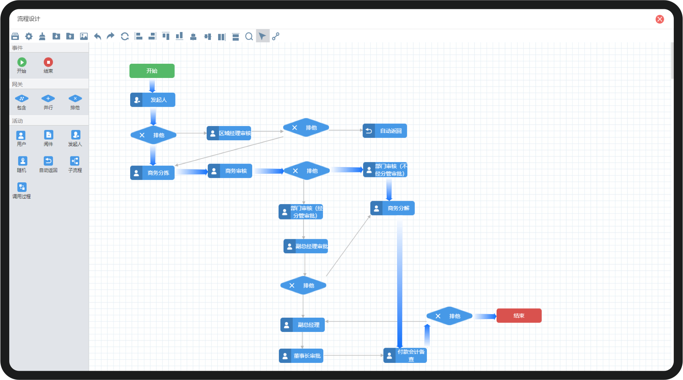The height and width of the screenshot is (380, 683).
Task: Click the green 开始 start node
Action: click(152, 71)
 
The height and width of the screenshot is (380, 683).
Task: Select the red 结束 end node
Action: click(519, 316)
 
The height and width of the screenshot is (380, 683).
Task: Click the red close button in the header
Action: click(660, 19)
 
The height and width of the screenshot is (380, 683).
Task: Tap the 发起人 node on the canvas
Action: click(153, 100)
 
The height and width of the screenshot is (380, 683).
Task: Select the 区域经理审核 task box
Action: click(229, 133)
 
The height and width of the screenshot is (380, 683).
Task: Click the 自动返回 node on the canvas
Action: click(385, 131)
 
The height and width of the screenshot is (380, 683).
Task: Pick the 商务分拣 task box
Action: click(152, 173)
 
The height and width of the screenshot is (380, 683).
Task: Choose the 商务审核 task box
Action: click(230, 171)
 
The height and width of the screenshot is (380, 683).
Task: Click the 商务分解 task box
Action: click(392, 208)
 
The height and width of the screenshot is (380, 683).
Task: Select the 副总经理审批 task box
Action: click(306, 246)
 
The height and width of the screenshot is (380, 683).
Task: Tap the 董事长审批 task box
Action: click(301, 356)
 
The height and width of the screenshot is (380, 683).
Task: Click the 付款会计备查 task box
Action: click(405, 355)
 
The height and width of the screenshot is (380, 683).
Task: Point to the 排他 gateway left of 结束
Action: click(449, 316)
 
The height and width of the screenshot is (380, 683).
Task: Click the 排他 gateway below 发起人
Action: click(153, 135)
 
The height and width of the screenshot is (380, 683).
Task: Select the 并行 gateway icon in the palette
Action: click(48, 99)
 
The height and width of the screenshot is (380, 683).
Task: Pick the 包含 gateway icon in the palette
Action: click(21, 99)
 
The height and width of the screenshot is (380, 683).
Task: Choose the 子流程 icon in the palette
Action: click(75, 161)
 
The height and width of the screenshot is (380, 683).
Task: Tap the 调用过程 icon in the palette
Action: click(22, 187)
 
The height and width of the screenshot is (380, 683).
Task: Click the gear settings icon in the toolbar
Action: click(29, 36)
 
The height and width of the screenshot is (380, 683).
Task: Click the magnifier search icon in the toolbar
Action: click(249, 36)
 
